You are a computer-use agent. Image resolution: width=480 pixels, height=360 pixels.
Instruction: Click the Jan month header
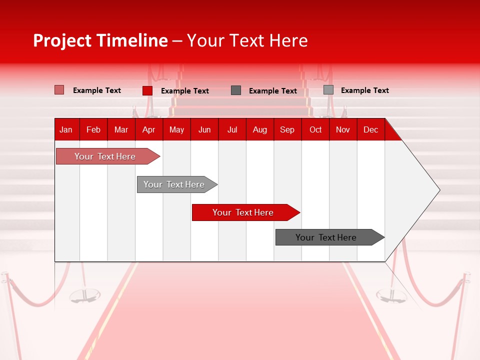coord(66,129)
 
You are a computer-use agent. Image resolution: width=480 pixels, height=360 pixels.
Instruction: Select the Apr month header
coord(149,129)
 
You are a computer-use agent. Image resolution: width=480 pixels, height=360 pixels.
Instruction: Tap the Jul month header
coord(232,129)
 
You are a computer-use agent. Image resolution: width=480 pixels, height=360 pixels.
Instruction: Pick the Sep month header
coord(287,129)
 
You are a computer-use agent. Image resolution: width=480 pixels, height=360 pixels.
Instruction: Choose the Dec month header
coord(370,129)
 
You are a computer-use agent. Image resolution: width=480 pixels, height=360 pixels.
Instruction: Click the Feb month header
coord(93,129)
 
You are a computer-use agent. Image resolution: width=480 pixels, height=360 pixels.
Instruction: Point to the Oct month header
coord(315,129)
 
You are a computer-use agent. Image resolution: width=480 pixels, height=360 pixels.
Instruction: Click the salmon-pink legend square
coord(59,90)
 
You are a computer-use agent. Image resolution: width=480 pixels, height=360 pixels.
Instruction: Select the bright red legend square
coord(147,90)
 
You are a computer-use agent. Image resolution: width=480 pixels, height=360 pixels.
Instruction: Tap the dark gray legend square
coord(236,90)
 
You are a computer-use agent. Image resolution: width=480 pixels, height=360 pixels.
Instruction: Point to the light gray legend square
coord(328,90)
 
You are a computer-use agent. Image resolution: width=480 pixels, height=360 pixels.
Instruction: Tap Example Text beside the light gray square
coord(364,90)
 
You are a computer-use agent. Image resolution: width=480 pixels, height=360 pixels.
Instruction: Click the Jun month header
coord(204,129)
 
